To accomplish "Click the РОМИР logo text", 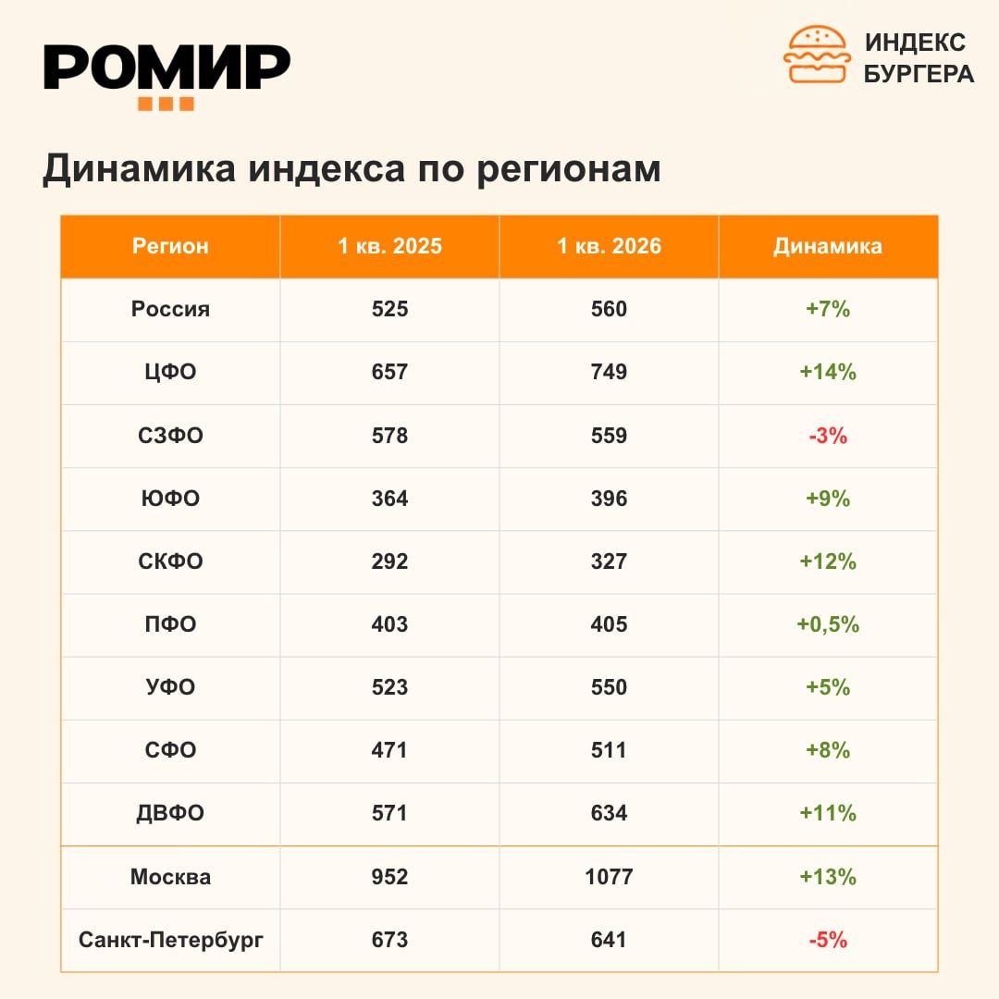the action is tap(166, 67).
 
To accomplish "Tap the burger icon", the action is tap(817, 55).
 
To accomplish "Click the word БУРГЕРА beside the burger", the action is tap(919, 74).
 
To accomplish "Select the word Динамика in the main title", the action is tap(139, 169).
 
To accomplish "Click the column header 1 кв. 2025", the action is tap(390, 246).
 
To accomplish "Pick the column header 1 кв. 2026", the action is tap(609, 246).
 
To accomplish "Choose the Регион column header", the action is tap(170, 246).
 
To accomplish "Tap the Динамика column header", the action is tap(828, 246).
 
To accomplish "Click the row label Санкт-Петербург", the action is tap(171, 940).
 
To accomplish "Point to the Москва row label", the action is tap(171, 877).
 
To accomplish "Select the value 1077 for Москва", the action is tap(609, 877).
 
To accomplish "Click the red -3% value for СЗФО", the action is tap(828, 436).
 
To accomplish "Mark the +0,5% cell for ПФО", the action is tap(828, 624).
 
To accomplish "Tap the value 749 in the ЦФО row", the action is tap(609, 372).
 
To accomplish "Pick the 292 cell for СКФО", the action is tap(390, 561).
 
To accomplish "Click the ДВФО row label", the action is tap(170, 814).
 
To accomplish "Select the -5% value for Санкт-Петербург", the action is tap(828, 940).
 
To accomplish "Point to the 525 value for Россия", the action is tap(390, 309).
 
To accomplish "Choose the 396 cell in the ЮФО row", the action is tap(609, 499).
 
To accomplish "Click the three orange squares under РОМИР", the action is tap(166, 104).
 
